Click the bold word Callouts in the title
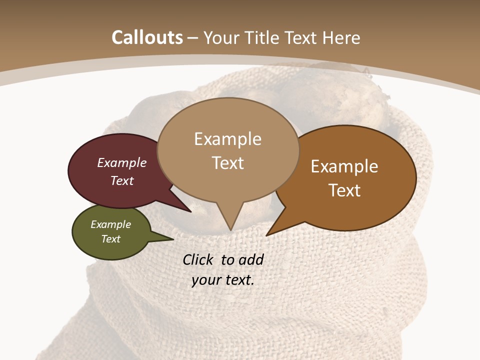coord(147,37)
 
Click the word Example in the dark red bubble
coord(122,163)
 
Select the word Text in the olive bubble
coord(111,239)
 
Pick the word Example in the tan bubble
coord(227,139)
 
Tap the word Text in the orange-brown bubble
coord(345,190)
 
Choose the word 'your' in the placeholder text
coord(206,280)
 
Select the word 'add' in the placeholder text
coord(251,259)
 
